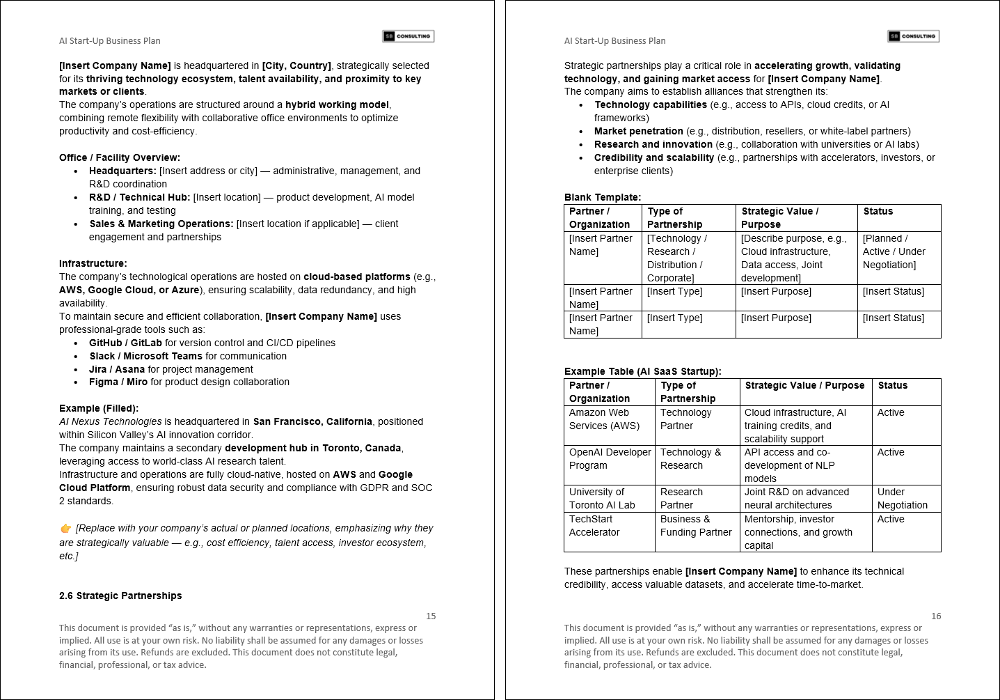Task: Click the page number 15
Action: tap(431, 616)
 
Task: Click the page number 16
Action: tap(936, 616)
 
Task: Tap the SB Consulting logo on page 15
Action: tap(408, 36)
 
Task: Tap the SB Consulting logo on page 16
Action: tap(913, 36)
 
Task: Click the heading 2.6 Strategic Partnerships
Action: tap(120, 596)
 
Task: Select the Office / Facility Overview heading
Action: tap(120, 157)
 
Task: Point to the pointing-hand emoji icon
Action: tap(66, 529)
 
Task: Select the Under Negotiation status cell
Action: tap(902, 498)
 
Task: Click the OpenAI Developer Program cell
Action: tap(610, 458)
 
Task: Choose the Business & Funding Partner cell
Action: tap(695, 525)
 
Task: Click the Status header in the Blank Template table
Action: tap(878, 211)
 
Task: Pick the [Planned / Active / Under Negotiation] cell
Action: tap(894, 251)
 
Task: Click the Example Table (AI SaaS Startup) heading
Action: tap(642, 371)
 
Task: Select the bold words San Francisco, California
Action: tap(312, 421)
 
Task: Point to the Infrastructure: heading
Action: tap(93, 263)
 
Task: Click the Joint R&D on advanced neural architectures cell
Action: tap(796, 498)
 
